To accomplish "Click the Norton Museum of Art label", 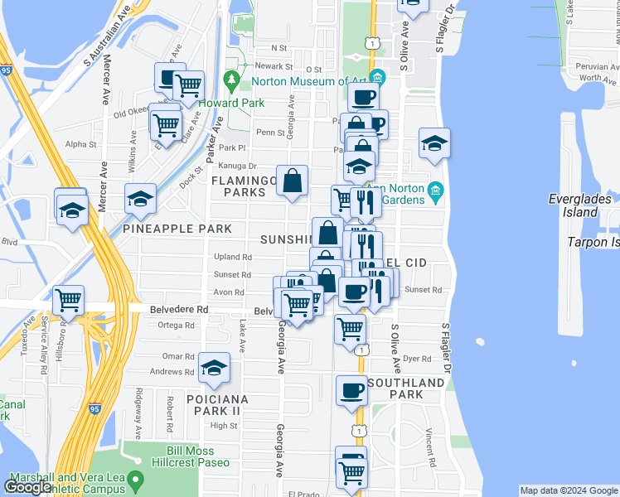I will click(x=310, y=81).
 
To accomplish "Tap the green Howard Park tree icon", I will click(x=232, y=81).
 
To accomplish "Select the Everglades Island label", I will click(x=580, y=205).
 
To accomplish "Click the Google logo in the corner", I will click(x=27, y=487).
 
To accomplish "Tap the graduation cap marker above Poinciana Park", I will click(x=214, y=367).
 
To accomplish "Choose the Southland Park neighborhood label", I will click(x=405, y=388).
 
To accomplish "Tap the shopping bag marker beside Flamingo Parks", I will click(x=293, y=181).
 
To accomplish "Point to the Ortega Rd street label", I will click(x=176, y=325).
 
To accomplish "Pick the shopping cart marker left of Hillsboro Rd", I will click(x=68, y=300).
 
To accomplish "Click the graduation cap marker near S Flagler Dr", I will click(x=434, y=143).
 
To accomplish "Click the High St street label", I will click(x=223, y=426).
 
